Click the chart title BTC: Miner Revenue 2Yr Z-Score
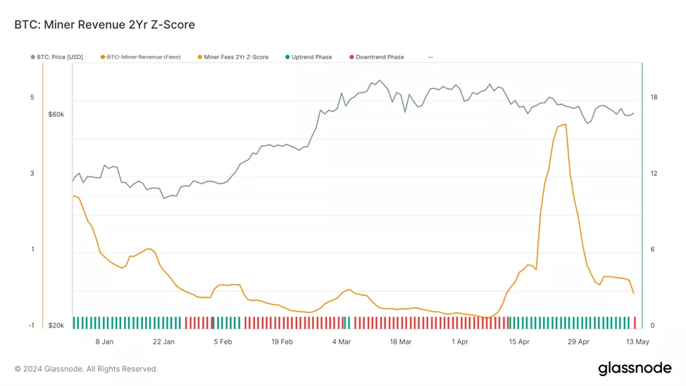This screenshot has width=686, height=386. (x=104, y=25)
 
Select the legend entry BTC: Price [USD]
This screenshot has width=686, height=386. (x=60, y=57)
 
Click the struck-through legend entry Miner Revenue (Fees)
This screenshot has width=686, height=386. (x=144, y=57)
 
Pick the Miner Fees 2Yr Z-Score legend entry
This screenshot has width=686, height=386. (x=236, y=57)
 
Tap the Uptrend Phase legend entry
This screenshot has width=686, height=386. (x=311, y=57)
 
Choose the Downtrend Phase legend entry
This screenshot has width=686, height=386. (x=380, y=57)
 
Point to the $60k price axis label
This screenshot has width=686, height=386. (x=56, y=114)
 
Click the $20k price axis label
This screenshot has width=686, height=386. (x=56, y=325)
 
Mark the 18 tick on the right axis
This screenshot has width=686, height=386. (x=654, y=97)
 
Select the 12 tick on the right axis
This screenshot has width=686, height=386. (x=654, y=173)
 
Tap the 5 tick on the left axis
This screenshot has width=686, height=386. (x=32, y=97)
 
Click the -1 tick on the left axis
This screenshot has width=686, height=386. (x=32, y=325)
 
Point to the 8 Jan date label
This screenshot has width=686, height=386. (x=104, y=342)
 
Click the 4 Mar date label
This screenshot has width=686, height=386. (x=342, y=342)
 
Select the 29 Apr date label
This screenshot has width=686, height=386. (x=578, y=342)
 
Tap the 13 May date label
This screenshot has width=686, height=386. (x=637, y=342)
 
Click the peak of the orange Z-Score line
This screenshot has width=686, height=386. (x=565, y=125)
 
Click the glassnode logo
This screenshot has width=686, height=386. (x=634, y=368)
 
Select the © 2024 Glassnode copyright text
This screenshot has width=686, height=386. (x=86, y=368)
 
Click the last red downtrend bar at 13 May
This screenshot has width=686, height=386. (x=635, y=323)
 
